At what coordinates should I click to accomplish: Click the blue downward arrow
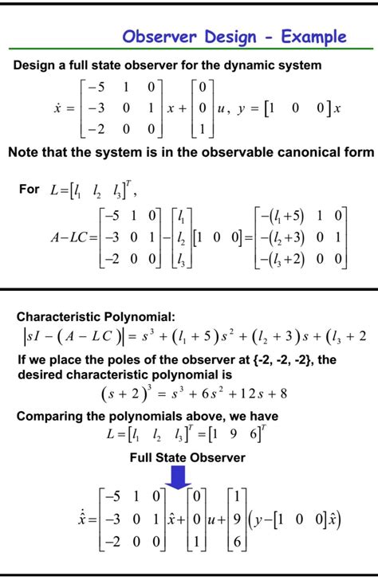click(179, 476)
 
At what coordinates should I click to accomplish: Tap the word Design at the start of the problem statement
click(34, 65)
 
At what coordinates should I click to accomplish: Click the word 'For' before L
click(29, 189)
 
